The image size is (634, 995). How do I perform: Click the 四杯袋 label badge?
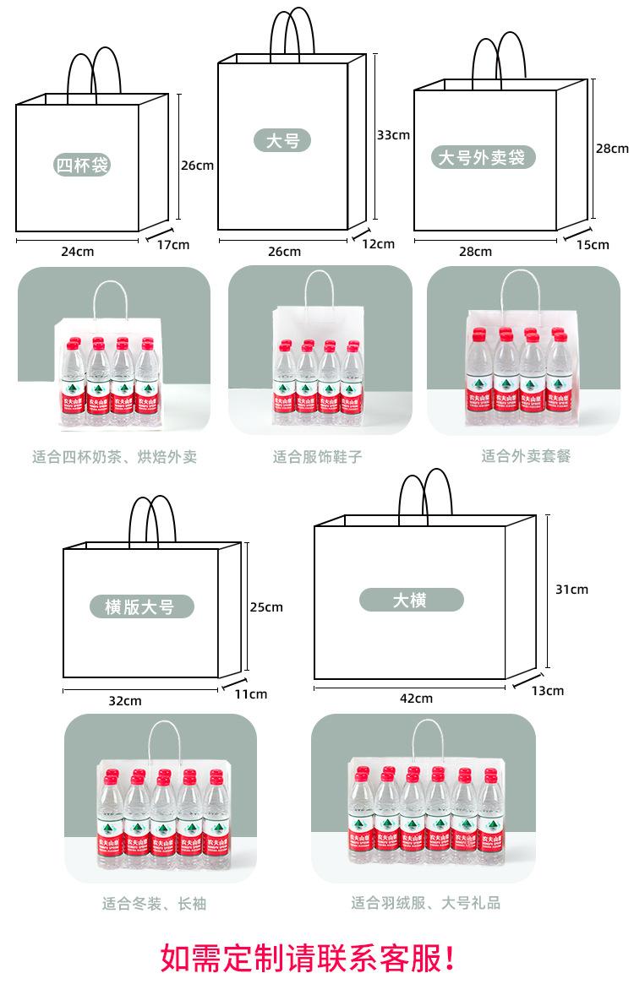pos(82,164)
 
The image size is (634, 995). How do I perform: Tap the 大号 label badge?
pos(282,140)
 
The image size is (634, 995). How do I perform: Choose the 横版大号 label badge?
pos(142,606)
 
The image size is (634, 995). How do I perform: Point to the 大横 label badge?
pos(411,600)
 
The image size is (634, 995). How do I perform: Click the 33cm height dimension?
pos(393,134)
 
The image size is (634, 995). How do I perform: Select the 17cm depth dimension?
pos(173,245)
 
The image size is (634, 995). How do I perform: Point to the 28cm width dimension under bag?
pos(475,252)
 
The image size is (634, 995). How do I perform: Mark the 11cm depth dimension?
pos(251,694)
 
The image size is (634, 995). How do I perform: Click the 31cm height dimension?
pos(571,590)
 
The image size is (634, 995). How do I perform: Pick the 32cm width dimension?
pos(125,701)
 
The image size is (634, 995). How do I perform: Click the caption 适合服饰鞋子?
pos(317,457)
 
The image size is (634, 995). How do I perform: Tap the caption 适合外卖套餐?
pos(526,456)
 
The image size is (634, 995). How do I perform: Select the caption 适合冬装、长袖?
pos(154,904)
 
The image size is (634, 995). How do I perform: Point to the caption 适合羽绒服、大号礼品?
pos(426,903)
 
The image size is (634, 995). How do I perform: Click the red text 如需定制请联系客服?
pos(308,958)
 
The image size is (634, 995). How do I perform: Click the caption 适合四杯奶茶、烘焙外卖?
pos(114,457)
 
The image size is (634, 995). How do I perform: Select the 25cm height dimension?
pos(266,606)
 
